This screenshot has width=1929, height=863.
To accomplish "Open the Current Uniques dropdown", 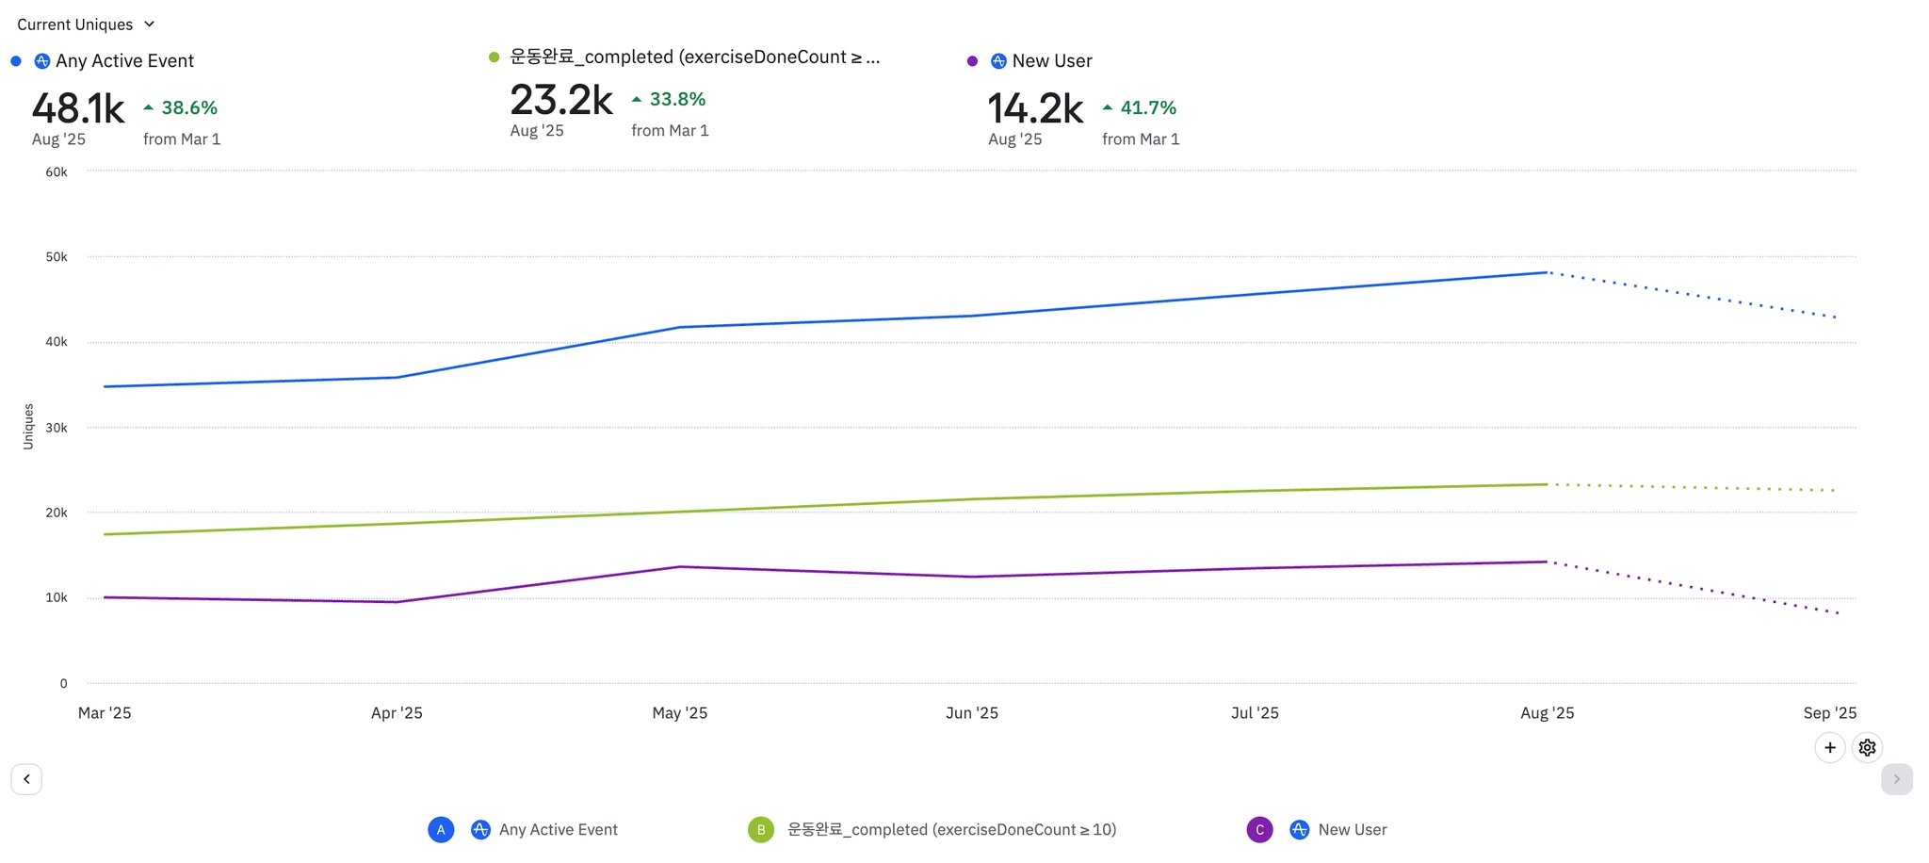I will pyautogui.click(x=86, y=24).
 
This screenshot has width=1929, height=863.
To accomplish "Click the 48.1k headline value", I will pyautogui.click(x=78, y=109).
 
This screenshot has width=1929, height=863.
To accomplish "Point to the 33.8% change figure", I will pyautogui.click(x=676, y=100).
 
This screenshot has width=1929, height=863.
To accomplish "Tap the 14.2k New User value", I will pyautogui.click(x=1035, y=109).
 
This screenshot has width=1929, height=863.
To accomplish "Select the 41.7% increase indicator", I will pyautogui.click(x=1147, y=108).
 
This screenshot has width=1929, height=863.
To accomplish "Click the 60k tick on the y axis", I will pyautogui.click(x=57, y=172).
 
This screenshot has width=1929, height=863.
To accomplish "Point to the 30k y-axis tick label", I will pyautogui.click(x=57, y=428).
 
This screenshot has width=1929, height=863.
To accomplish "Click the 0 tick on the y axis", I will pyautogui.click(x=64, y=684).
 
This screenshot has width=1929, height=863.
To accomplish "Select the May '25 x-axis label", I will pyautogui.click(x=679, y=713).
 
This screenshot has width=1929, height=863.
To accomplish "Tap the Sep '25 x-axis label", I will pyautogui.click(x=1829, y=713).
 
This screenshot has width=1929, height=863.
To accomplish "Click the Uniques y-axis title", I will pyautogui.click(x=28, y=427).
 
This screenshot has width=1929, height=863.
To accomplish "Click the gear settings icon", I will pyautogui.click(x=1867, y=748).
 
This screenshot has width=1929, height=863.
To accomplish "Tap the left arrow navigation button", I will pyautogui.click(x=26, y=779).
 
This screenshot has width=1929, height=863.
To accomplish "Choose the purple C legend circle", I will pyautogui.click(x=1259, y=830).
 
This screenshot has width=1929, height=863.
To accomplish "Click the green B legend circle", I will pyautogui.click(x=760, y=830).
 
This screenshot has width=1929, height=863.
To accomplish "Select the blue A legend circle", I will pyautogui.click(x=441, y=830).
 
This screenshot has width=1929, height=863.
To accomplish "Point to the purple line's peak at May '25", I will pyautogui.click(x=679, y=567).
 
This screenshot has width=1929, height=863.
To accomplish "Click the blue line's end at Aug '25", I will pyautogui.click(x=1547, y=273).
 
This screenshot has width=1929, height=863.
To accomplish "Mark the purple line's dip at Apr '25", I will pyautogui.click(x=397, y=602).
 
